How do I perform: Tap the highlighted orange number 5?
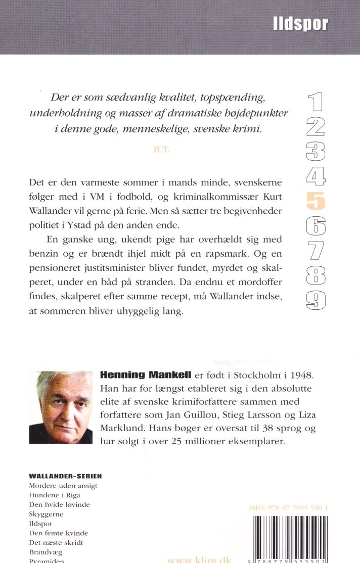click(316, 202)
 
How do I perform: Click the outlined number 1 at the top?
click(316, 103)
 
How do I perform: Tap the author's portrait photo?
click(61, 407)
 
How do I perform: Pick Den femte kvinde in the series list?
click(59, 533)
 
